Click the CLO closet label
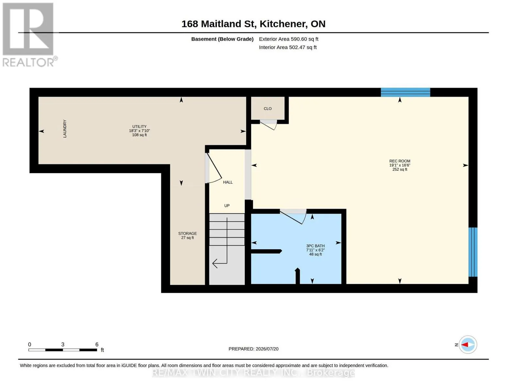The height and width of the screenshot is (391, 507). (268, 109)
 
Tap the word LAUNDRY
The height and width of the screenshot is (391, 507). (65, 129)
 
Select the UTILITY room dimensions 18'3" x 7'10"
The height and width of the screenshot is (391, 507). (139, 131)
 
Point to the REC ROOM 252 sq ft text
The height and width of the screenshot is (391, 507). (400, 169)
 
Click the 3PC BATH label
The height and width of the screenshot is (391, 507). (315, 246)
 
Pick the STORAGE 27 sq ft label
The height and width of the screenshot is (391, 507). (188, 236)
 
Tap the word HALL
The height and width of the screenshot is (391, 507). (228, 182)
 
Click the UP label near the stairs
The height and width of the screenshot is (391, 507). (227, 206)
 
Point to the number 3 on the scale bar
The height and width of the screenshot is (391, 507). (63, 344)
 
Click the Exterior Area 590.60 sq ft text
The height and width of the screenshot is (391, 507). (289, 39)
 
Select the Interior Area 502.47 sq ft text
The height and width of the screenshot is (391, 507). (288, 47)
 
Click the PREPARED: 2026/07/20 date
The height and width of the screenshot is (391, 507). (253, 349)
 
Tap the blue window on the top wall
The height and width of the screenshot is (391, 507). (405, 92)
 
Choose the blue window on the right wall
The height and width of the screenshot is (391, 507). (473, 252)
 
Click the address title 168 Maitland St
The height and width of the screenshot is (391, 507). (219, 24)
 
